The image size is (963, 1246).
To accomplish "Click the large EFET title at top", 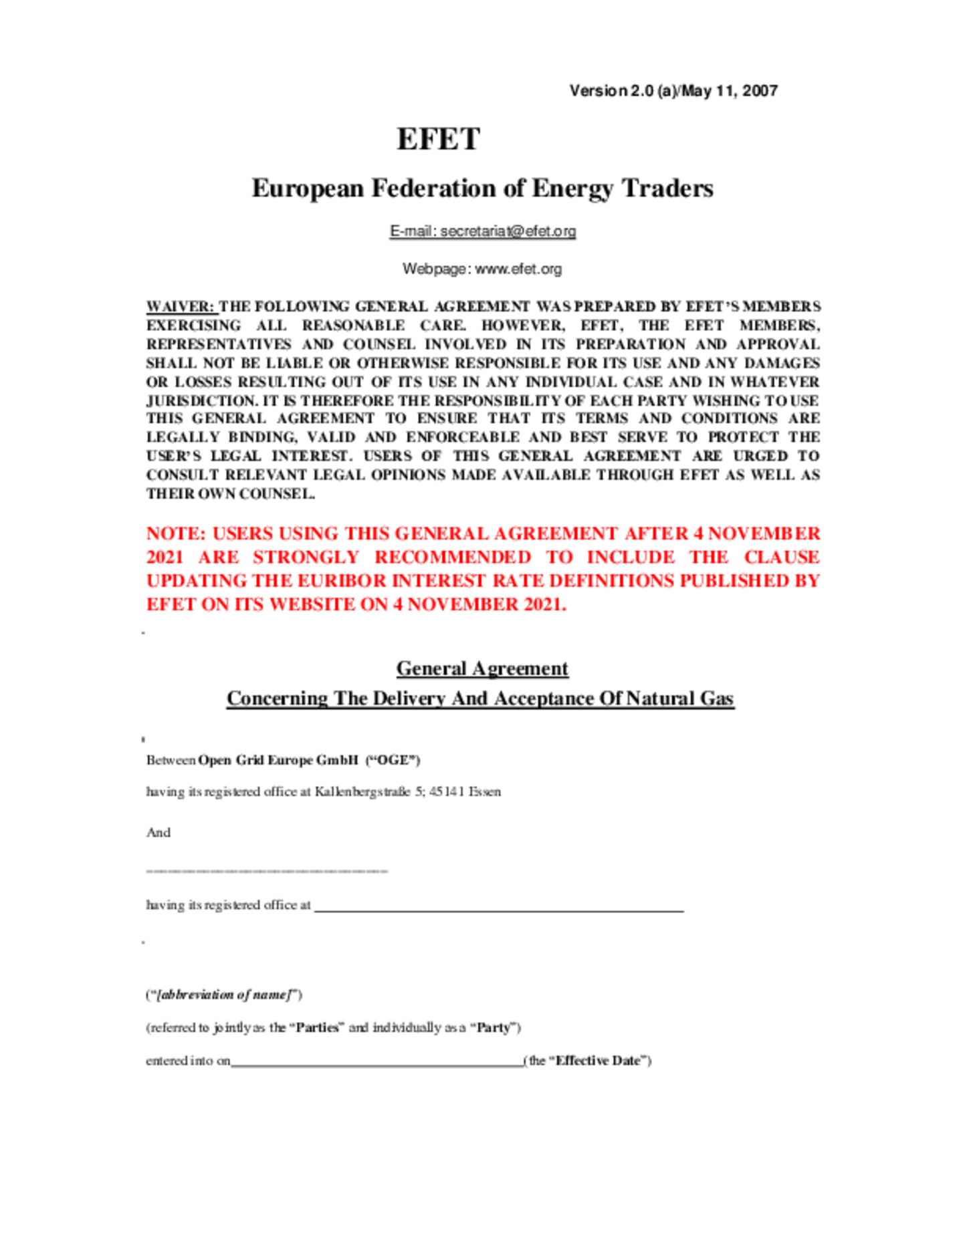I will click(x=438, y=139).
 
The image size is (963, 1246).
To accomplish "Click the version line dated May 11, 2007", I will click(x=673, y=91).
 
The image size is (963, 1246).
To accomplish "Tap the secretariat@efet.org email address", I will click(x=508, y=231).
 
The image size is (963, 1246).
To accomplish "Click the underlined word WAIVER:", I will click(x=181, y=307).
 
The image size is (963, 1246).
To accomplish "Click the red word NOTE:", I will click(x=176, y=533).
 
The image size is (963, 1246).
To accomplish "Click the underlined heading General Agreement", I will click(x=481, y=668).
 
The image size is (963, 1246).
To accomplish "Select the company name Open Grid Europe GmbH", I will click(x=278, y=760).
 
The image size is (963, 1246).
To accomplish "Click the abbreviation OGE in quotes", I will click(x=393, y=760).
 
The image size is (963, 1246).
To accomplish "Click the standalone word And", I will click(x=158, y=832).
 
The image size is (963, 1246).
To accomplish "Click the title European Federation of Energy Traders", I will click(x=481, y=189).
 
